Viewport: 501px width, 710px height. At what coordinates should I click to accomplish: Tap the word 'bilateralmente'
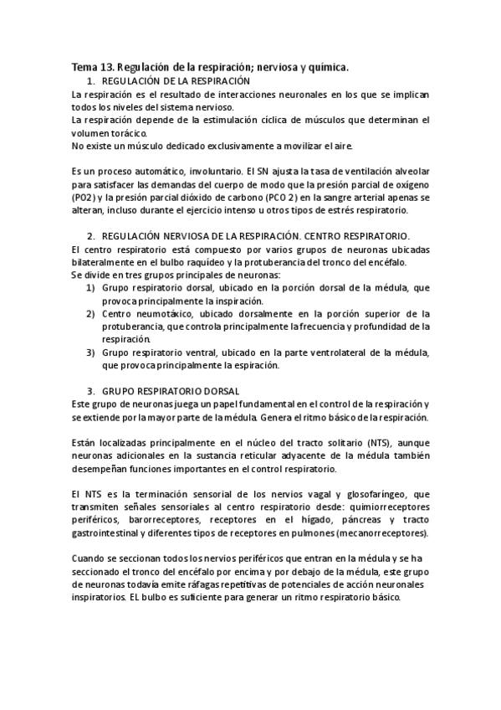tap(105, 262)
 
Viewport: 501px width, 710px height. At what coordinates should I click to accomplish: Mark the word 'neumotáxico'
tap(161, 313)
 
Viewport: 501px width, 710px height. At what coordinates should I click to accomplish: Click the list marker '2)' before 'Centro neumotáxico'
tap(91, 313)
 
